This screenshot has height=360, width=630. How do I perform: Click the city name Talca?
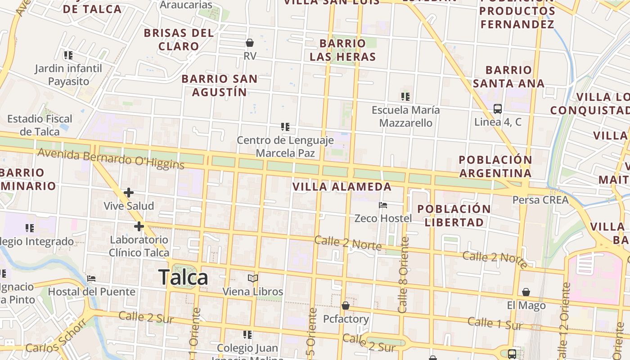(x=183, y=277)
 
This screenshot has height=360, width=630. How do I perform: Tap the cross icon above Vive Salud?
(x=129, y=193)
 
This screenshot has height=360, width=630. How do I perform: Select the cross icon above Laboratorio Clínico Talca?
(x=139, y=226)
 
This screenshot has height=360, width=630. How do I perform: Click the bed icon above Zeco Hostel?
(x=383, y=205)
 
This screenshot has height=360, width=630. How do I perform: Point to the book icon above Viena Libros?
(x=253, y=279)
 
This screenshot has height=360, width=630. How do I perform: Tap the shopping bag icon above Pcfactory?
(x=346, y=306)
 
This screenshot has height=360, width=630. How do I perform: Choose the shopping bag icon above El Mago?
(x=526, y=292)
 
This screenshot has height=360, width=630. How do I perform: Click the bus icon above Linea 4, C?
(x=498, y=108)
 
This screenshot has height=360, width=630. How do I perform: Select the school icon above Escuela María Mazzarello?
(x=405, y=96)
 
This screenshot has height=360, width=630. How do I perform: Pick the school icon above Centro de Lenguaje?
(x=285, y=127)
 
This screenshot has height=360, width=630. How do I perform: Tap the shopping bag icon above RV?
(x=250, y=43)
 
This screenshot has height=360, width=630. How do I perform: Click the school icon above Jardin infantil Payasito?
(x=68, y=55)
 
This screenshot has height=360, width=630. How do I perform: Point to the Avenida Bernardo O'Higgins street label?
(x=111, y=158)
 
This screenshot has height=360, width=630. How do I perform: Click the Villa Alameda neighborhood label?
(x=342, y=186)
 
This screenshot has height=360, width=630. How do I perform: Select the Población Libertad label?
(x=454, y=216)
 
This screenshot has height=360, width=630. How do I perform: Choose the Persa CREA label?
(x=540, y=200)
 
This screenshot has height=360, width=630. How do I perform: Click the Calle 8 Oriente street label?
(x=403, y=274)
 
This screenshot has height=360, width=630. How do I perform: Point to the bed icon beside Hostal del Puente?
(x=91, y=279)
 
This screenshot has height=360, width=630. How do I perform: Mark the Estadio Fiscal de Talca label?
(x=40, y=125)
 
